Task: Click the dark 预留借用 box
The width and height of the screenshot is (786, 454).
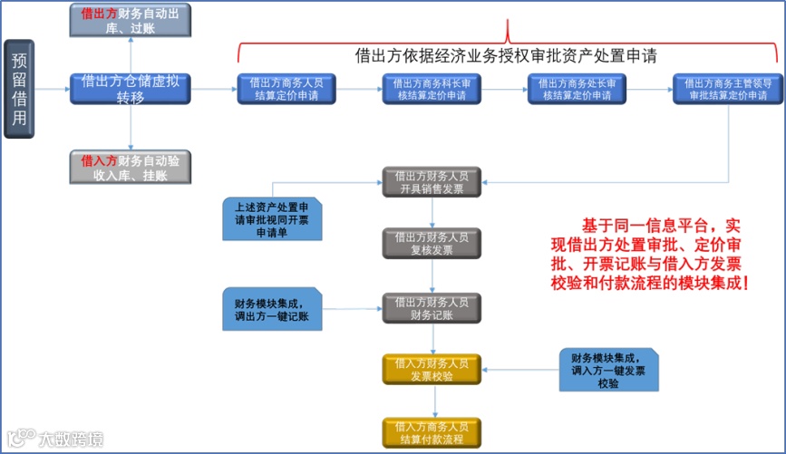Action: (19, 89)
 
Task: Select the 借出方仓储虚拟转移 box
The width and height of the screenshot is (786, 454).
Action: (131, 89)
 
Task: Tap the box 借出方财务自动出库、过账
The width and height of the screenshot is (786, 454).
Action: (131, 20)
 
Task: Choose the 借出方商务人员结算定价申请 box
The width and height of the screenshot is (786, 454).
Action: (286, 89)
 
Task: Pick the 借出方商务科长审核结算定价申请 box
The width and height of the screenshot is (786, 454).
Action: (432, 89)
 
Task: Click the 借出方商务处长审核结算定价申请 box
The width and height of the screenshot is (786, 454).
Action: (577, 89)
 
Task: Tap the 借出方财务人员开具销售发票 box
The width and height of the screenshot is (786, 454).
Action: (432, 182)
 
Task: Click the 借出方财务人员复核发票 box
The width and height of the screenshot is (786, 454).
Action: (432, 243)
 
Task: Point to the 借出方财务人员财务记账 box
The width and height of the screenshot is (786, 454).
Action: (432, 308)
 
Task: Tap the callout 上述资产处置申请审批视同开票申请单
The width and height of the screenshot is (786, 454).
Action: (272, 218)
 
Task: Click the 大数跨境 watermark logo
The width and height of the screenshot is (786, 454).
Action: (54, 439)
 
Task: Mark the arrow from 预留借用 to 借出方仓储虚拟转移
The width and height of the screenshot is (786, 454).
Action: (53, 89)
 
